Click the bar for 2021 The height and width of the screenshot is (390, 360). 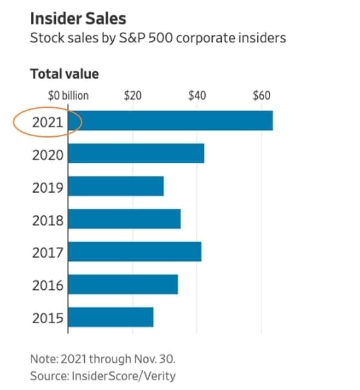tap(170, 121)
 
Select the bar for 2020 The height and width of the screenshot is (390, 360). tap(136, 153)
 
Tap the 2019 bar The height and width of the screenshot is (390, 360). tap(116, 186)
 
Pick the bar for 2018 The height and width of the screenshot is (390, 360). tap(125, 219)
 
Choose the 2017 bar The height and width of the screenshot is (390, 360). tap(134, 251)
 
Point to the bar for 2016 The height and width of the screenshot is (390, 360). tap(123, 284)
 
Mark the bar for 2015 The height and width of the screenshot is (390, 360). tap(111, 317)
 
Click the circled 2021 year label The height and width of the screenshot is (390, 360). tap(48, 122)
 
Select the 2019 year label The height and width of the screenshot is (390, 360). tap(48, 188)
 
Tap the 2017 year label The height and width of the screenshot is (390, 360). tap(48, 253)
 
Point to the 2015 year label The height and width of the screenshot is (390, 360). tap(48, 319)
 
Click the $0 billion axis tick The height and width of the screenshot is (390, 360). tap(68, 96)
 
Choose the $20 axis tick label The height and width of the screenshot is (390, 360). tap(133, 96)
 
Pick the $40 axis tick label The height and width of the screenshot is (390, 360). tap(197, 96)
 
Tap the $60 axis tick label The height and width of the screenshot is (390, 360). tap(262, 96)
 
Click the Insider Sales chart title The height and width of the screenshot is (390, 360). tap(78, 19)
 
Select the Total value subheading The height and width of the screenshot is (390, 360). tap(64, 74)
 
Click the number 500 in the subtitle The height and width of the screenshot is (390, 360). tap(161, 38)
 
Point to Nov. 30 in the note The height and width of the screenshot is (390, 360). tap(155, 359)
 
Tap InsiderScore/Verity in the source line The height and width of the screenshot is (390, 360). tap(123, 376)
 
